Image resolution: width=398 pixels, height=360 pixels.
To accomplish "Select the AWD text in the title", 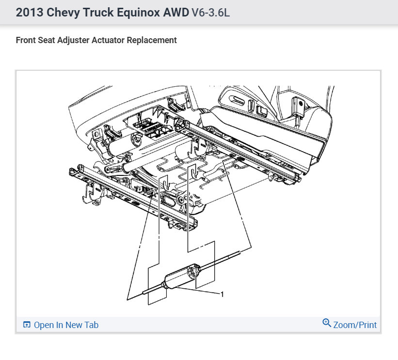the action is pos(176,12).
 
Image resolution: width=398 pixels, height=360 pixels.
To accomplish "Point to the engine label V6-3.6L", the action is pos(211,12).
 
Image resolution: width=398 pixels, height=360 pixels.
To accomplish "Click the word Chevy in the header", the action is pos(63,13).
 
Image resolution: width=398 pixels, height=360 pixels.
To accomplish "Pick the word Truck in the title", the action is pos(98,12).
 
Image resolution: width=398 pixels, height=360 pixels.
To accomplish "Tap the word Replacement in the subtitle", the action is pos(152,40).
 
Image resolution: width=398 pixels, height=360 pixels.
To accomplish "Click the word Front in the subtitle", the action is pos(26,40).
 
